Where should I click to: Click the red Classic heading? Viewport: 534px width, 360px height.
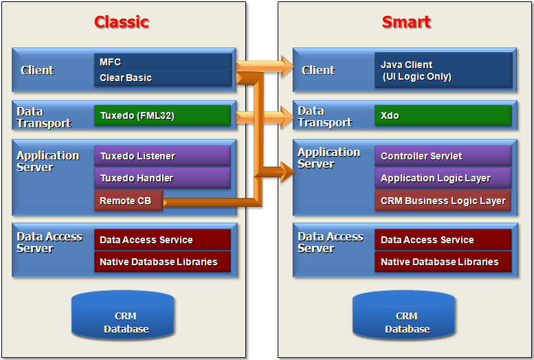tap(122, 22)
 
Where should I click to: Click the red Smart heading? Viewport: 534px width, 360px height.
tap(406, 22)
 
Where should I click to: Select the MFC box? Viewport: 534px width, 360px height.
tap(162, 62)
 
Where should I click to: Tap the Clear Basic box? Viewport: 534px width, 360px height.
tap(162, 78)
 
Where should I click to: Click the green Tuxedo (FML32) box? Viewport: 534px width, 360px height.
tap(162, 115)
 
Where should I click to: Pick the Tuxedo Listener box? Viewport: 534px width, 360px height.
tap(162, 156)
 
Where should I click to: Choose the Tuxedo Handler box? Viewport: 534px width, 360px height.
tap(162, 178)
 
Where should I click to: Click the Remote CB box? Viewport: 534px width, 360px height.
tap(128, 201)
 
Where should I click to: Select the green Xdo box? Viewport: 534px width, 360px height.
tap(443, 115)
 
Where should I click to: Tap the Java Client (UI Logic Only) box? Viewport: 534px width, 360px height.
tap(443, 70)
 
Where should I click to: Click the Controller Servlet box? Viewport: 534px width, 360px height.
tap(443, 156)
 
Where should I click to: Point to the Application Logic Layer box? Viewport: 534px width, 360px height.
tap(443, 178)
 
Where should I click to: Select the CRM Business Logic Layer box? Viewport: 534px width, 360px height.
tap(443, 201)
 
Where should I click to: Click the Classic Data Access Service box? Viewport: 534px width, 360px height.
tap(162, 240)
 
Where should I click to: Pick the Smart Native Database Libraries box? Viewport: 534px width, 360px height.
tap(443, 262)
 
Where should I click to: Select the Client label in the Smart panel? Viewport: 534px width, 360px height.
tap(318, 70)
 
